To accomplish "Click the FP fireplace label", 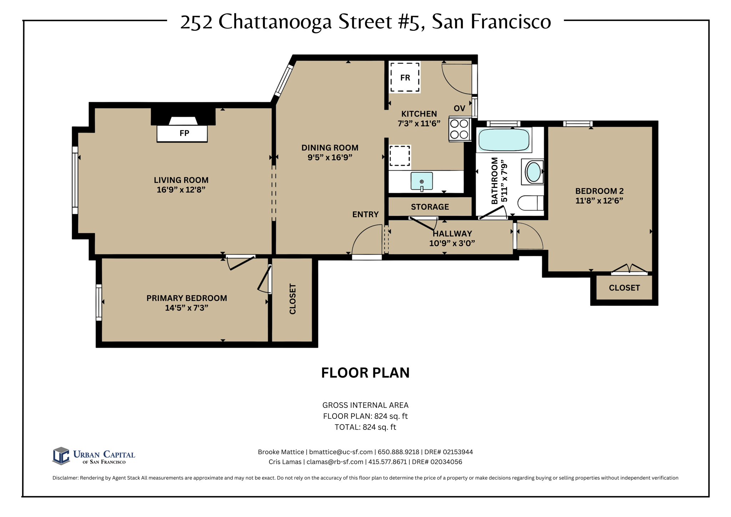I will tap(184, 133).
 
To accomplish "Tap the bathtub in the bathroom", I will tap(504, 140).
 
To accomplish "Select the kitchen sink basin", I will tap(422, 181).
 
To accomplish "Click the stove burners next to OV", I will tap(459, 129).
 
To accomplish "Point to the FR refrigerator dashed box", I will tap(405, 77).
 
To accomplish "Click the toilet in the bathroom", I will tap(530, 203).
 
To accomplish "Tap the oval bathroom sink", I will tap(534, 172).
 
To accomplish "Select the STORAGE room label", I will tap(430, 207).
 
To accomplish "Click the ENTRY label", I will tap(365, 215).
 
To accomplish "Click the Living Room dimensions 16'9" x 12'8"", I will tap(181, 190).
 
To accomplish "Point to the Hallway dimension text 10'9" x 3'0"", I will tap(452, 244).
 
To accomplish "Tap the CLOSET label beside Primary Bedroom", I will tap(293, 299).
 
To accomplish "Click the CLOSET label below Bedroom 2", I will tap(624, 288).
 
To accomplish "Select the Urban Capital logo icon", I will tap(61, 456).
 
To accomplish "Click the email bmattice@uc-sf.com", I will tap(341, 452).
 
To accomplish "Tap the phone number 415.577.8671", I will tap(387, 462).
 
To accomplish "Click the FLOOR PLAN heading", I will tap(365, 373).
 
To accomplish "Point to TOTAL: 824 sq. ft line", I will tap(365, 427).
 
